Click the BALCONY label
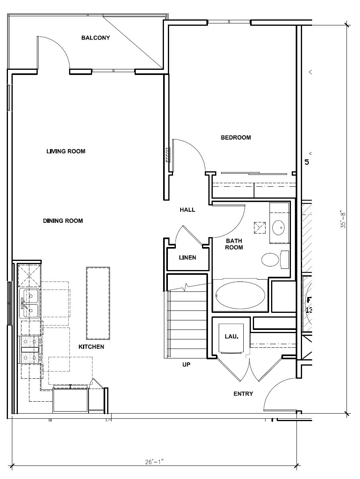[x=95, y=38]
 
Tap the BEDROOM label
[x=236, y=138]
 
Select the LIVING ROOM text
[x=66, y=151]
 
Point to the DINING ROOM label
[x=63, y=221]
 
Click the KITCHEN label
[x=91, y=347]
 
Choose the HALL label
[x=187, y=210]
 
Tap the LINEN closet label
[x=187, y=258]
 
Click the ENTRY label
[x=243, y=394]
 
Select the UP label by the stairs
[x=186, y=364]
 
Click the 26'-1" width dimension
[x=154, y=462]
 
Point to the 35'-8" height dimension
[x=344, y=219]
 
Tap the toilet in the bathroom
[x=271, y=260]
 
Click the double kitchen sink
[x=29, y=304]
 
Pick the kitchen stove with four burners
[x=30, y=349]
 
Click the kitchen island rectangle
[x=98, y=303]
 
